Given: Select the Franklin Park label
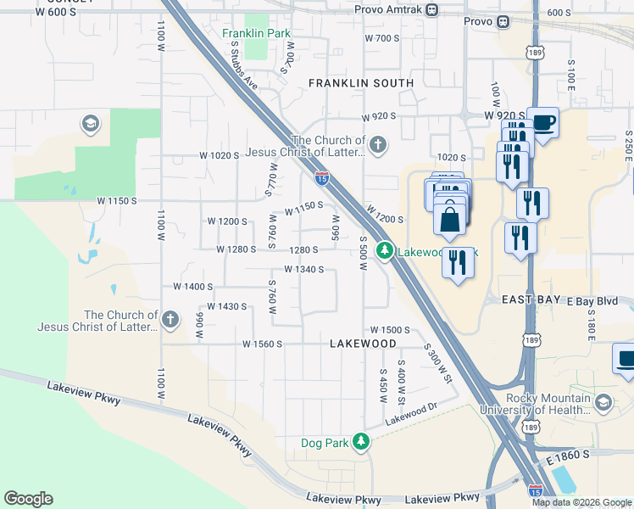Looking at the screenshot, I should [x=257, y=34].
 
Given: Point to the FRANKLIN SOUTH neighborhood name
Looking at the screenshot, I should [x=361, y=83].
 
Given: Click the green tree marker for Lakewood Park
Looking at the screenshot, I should [x=385, y=251].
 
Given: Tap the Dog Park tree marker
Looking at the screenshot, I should [x=362, y=442].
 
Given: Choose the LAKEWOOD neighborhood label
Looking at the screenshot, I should [x=363, y=343].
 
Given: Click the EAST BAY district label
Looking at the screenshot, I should [x=531, y=300].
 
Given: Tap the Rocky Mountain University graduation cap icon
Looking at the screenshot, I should [x=603, y=401].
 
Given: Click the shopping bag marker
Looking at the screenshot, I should [x=449, y=219].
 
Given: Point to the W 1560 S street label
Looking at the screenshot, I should [x=261, y=344].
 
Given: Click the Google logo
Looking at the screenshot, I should [x=28, y=499].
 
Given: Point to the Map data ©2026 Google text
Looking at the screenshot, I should [x=581, y=502].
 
